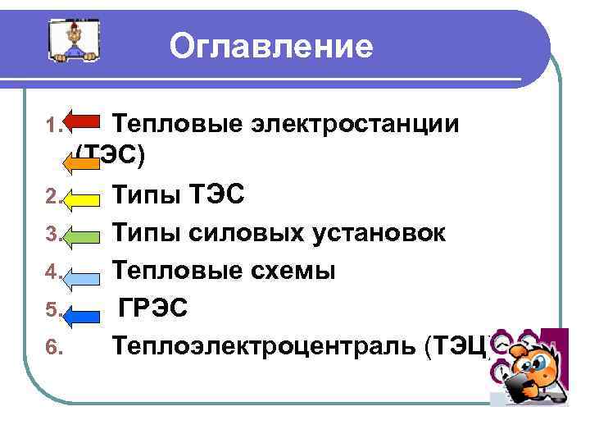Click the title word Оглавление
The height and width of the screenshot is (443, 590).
click(271, 46)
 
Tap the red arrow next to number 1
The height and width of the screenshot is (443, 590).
click(82, 126)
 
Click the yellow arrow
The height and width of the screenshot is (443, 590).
click(82, 197)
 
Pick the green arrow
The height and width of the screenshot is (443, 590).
click(82, 235)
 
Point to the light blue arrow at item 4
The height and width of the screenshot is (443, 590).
click(82, 272)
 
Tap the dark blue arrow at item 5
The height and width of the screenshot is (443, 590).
click(82, 310)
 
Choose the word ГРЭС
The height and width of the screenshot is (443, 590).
click(154, 308)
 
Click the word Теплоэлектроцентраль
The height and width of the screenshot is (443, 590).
click(265, 345)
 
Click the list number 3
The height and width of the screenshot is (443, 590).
click(52, 235)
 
